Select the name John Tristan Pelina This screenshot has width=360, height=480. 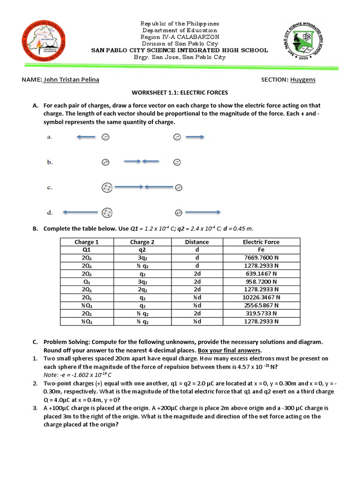pyautogui.click(x=71, y=80)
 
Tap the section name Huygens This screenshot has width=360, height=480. pyautogui.click(x=302, y=80)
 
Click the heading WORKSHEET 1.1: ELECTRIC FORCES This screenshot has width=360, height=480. pyautogui.click(x=180, y=93)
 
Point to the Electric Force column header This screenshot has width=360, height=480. pyautogui.click(x=261, y=242)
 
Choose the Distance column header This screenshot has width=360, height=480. pyautogui.click(x=197, y=242)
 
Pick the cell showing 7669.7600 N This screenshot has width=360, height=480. pyautogui.click(x=261, y=258)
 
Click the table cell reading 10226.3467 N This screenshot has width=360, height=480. pyautogui.click(x=261, y=297)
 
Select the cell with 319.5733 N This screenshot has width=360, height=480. pyautogui.click(x=261, y=313)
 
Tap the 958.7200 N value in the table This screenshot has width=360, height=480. pyautogui.click(x=261, y=282)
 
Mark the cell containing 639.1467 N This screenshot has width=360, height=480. pyautogui.click(x=261, y=274)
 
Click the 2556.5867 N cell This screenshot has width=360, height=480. pyautogui.click(x=261, y=305)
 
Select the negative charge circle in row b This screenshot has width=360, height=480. pyautogui.click(x=177, y=162)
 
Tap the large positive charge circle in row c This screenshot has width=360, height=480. pyautogui.click(x=107, y=187)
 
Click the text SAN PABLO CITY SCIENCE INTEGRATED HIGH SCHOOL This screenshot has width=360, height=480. pyautogui.click(x=180, y=50)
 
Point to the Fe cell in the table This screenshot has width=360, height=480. pyautogui.click(x=261, y=250)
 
